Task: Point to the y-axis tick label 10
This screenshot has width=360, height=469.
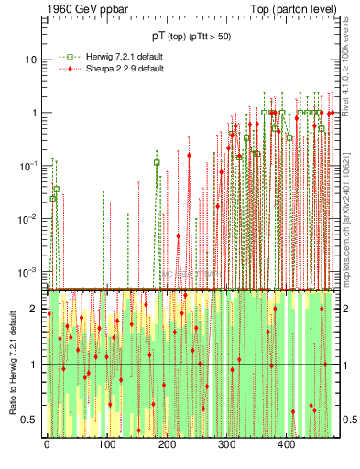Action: coord(30,60)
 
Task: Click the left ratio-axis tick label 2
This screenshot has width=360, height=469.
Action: coord(33,310)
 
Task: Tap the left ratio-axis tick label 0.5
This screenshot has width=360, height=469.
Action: coord(29,420)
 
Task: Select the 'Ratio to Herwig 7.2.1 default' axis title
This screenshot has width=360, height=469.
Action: coord(11,364)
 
